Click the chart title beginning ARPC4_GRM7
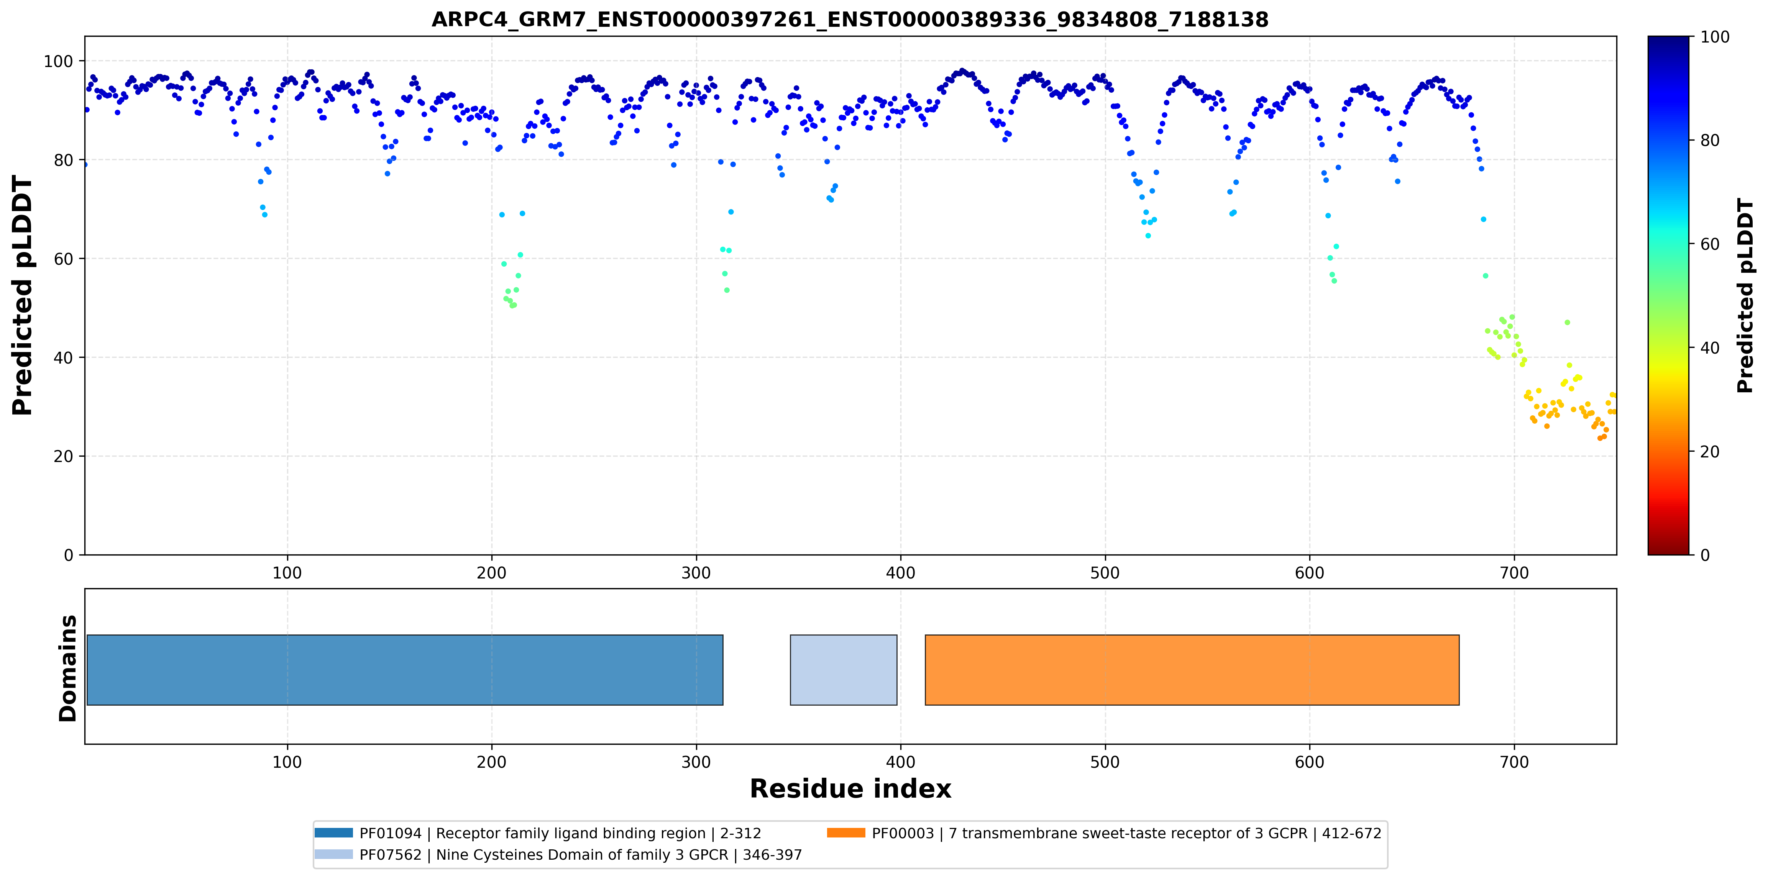point(850,19)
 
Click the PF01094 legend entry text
point(560,833)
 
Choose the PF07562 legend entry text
point(581,855)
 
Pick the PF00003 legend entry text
point(1126,833)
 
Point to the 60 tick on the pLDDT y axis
point(63,259)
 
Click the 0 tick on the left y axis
point(69,555)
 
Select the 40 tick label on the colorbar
point(1710,348)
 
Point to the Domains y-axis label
point(68,668)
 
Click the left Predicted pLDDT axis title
point(23,296)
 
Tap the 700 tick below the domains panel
point(1514,762)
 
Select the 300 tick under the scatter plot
point(696,573)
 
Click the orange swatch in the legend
point(845,832)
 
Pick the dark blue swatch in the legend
point(333,832)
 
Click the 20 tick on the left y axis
point(63,456)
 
